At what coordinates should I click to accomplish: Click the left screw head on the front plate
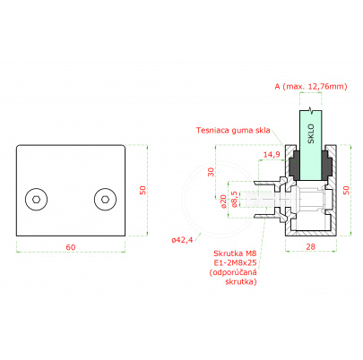coord(37,200)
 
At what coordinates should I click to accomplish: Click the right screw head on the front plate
coord(105,200)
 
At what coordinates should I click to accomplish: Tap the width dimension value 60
coord(71,247)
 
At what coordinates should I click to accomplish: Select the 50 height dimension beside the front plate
coord(143,190)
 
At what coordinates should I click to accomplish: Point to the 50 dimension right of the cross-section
coord(346,190)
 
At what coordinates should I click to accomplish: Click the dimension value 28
coord(311,246)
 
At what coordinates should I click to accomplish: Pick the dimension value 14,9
coord(272,154)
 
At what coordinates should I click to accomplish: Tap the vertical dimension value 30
coord(212,172)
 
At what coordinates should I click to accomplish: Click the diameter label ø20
coord(223,201)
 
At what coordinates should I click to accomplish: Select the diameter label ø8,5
coord(235,200)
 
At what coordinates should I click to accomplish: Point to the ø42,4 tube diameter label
coord(182,239)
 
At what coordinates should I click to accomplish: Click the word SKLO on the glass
coord(311,133)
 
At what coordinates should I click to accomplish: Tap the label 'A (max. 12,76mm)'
coord(311,86)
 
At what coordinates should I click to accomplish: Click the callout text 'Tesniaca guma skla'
coord(233,130)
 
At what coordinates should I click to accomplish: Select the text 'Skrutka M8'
coord(235,253)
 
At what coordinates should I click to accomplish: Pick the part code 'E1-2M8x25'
coord(235,263)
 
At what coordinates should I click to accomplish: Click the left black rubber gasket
coord(294,165)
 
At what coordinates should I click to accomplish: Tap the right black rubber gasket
coord(326,165)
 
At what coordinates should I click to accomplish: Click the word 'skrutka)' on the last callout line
coord(241,281)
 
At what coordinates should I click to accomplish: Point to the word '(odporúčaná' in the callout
coord(233,272)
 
